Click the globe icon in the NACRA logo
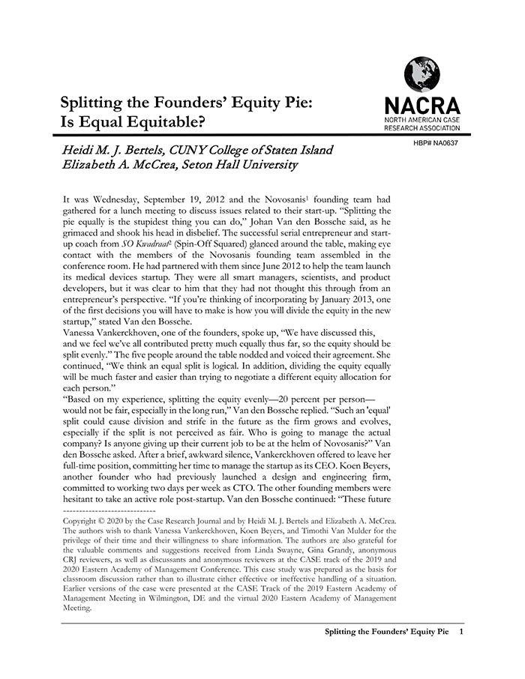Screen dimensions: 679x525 [x=421, y=76]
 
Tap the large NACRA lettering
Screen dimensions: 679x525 [x=421, y=105]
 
